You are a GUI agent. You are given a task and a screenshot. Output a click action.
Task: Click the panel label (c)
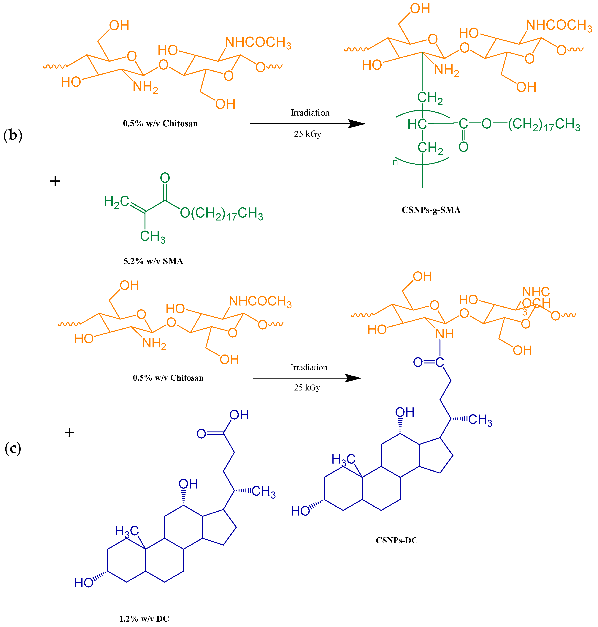[13, 448]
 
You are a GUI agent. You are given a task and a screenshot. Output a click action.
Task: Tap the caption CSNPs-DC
[396, 540]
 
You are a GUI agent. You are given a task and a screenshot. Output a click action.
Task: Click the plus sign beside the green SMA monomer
[55, 181]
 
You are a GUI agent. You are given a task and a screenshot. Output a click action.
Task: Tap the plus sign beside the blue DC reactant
[69, 432]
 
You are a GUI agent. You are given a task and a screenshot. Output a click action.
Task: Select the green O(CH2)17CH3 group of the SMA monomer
[222, 213]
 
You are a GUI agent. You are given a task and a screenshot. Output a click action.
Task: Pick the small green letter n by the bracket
[395, 162]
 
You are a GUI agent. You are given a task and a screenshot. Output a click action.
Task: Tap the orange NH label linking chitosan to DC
[444, 334]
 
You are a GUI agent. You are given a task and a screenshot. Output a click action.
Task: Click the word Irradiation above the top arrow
[310, 113]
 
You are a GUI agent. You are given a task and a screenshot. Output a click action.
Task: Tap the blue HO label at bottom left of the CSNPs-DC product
[300, 511]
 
